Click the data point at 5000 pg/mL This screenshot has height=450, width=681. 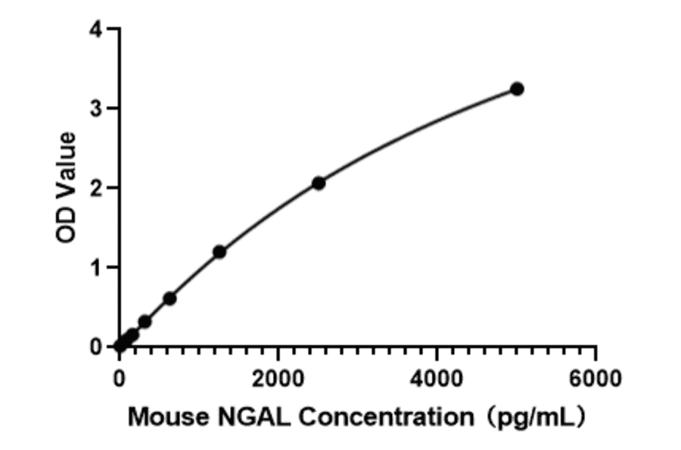pyautogui.click(x=517, y=89)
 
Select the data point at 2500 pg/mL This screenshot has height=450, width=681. pyautogui.click(x=319, y=183)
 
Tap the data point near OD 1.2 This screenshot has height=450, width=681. pyautogui.click(x=219, y=252)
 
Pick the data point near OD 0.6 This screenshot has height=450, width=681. pyautogui.click(x=169, y=298)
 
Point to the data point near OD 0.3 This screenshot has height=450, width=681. pyautogui.click(x=145, y=322)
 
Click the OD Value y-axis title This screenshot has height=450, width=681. pyautogui.click(x=67, y=187)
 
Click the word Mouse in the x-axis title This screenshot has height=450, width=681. pyautogui.click(x=164, y=416)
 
